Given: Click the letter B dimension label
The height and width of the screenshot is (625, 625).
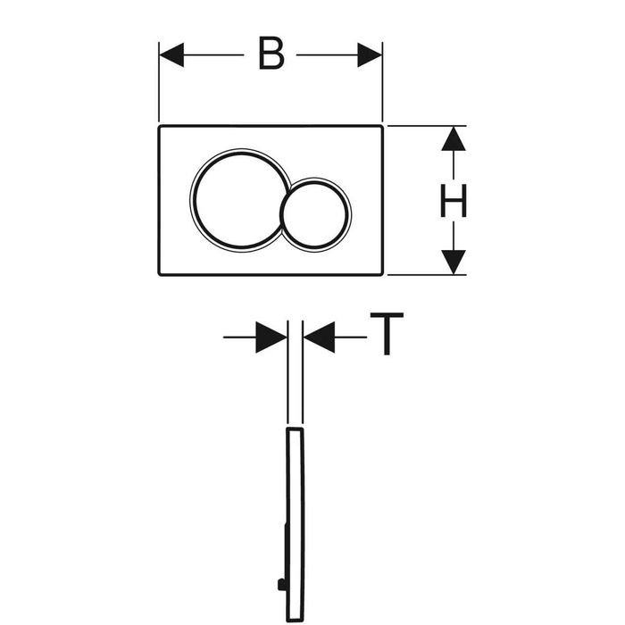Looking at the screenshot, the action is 271,54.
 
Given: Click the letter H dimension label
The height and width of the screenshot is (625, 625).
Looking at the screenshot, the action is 454,201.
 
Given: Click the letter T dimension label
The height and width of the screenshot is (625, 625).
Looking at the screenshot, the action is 387,334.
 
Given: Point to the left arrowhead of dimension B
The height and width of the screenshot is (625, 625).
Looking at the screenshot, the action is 171,55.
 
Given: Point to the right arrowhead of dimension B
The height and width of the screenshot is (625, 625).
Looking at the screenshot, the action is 370,55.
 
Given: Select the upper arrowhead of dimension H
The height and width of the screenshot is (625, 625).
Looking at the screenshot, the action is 454,138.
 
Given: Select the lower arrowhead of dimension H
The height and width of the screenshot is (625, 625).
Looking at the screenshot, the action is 454,262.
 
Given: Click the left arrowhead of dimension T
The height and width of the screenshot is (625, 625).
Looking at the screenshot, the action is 271,337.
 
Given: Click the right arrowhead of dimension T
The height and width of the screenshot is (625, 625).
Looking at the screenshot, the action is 319,337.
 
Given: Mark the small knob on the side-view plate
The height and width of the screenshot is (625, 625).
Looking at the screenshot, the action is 281,585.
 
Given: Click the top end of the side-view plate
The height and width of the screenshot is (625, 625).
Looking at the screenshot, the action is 295,429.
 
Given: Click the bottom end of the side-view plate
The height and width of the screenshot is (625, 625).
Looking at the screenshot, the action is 296,621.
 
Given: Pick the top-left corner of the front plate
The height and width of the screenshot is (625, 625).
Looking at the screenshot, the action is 160,127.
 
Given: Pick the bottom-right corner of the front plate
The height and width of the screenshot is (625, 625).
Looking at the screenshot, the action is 382,274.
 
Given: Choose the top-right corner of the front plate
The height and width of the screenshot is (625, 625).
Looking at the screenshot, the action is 382,127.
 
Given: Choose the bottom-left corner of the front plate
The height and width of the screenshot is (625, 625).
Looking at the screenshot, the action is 160,274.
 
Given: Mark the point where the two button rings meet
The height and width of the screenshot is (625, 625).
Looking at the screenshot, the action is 289,187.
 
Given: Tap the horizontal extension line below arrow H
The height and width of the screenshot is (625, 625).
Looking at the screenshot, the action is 427,275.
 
